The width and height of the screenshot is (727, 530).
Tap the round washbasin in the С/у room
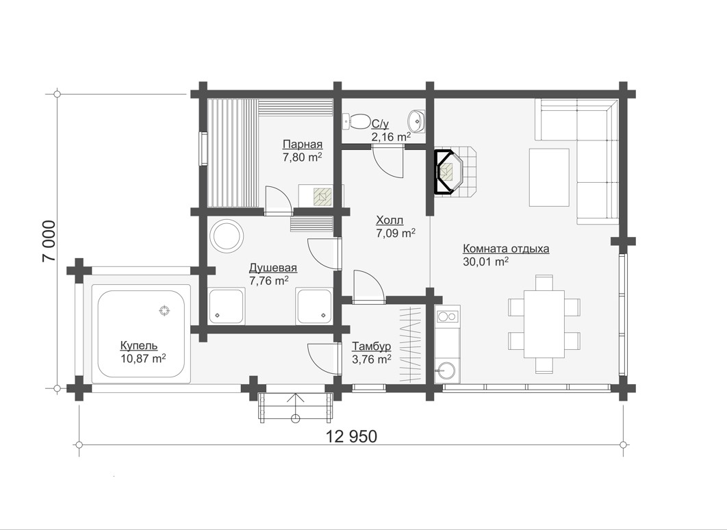tap(416, 121)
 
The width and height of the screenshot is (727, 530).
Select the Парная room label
tap(303, 144)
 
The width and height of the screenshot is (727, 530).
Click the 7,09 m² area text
tap(396, 234)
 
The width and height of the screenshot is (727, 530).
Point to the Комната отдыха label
tap(507, 249)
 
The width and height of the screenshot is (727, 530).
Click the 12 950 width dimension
tap(352, 436)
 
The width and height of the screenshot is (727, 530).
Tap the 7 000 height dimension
tap(49, 241)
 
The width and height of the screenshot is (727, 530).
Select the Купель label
tap(139, 346)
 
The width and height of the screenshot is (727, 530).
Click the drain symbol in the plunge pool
tap(164, 311)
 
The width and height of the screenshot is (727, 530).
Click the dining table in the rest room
tap(544, 325)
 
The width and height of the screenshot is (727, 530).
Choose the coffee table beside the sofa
tap(550, 177)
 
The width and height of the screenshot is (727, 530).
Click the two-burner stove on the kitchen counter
tap(448, 317)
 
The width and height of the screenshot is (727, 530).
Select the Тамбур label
tap(372, 346)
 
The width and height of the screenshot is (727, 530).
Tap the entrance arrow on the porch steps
tap(295, 407)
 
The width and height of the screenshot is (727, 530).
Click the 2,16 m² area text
tap(390, 137)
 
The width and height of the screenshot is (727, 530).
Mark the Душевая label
tap(273, 268)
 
